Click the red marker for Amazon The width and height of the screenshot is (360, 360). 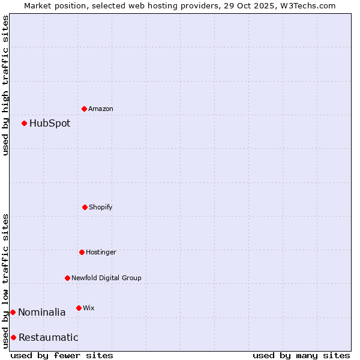coord(85,109)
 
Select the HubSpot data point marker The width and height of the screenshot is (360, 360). coord(25,123)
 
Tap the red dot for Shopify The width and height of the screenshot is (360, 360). coord(85,207)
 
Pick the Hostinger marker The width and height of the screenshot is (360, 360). coord(82,252)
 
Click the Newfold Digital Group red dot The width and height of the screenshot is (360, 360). coord(67,278)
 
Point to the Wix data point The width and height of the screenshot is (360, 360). coord(79,308)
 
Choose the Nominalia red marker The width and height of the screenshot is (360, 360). coord(13,312)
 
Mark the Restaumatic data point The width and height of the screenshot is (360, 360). coord(13,337)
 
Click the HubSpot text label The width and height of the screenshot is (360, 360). coord(50,124)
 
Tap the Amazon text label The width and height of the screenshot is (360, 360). coord(101,109)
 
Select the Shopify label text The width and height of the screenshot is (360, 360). coord(101,208)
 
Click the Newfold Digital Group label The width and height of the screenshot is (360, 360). coord(106,278)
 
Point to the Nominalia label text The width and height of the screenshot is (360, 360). coord(41,313)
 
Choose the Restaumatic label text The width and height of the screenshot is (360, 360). coord(48,338)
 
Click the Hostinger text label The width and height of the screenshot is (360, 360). coord(101,253)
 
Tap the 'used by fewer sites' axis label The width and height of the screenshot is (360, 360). coord(62,355)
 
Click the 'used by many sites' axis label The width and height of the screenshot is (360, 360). coord(301,355)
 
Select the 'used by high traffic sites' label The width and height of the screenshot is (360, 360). coord(5,85)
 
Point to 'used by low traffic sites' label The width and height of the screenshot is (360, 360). coord(5,281)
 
